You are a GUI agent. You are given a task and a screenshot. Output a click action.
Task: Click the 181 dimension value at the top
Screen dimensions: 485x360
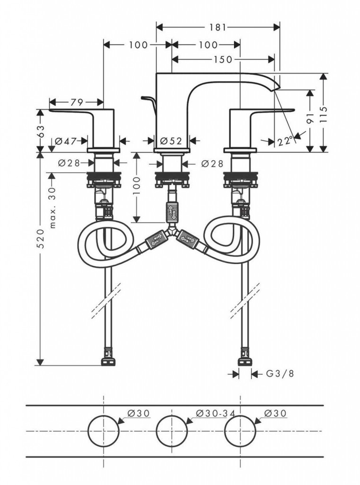pyautogui.click(x=217, y=27)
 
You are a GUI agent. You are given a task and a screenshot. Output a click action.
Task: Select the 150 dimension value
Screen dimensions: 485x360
pyautogui.click(x=223, y=59)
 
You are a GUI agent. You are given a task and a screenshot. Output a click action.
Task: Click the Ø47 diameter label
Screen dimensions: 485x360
pyautogui.click(x=66, y=141)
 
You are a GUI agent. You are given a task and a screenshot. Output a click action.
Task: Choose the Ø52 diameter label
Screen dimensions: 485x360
pyautogui.click(x=171, y=141)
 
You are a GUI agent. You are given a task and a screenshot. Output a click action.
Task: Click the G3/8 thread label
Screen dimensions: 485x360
pyautogui.click(x=279, y=374)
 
